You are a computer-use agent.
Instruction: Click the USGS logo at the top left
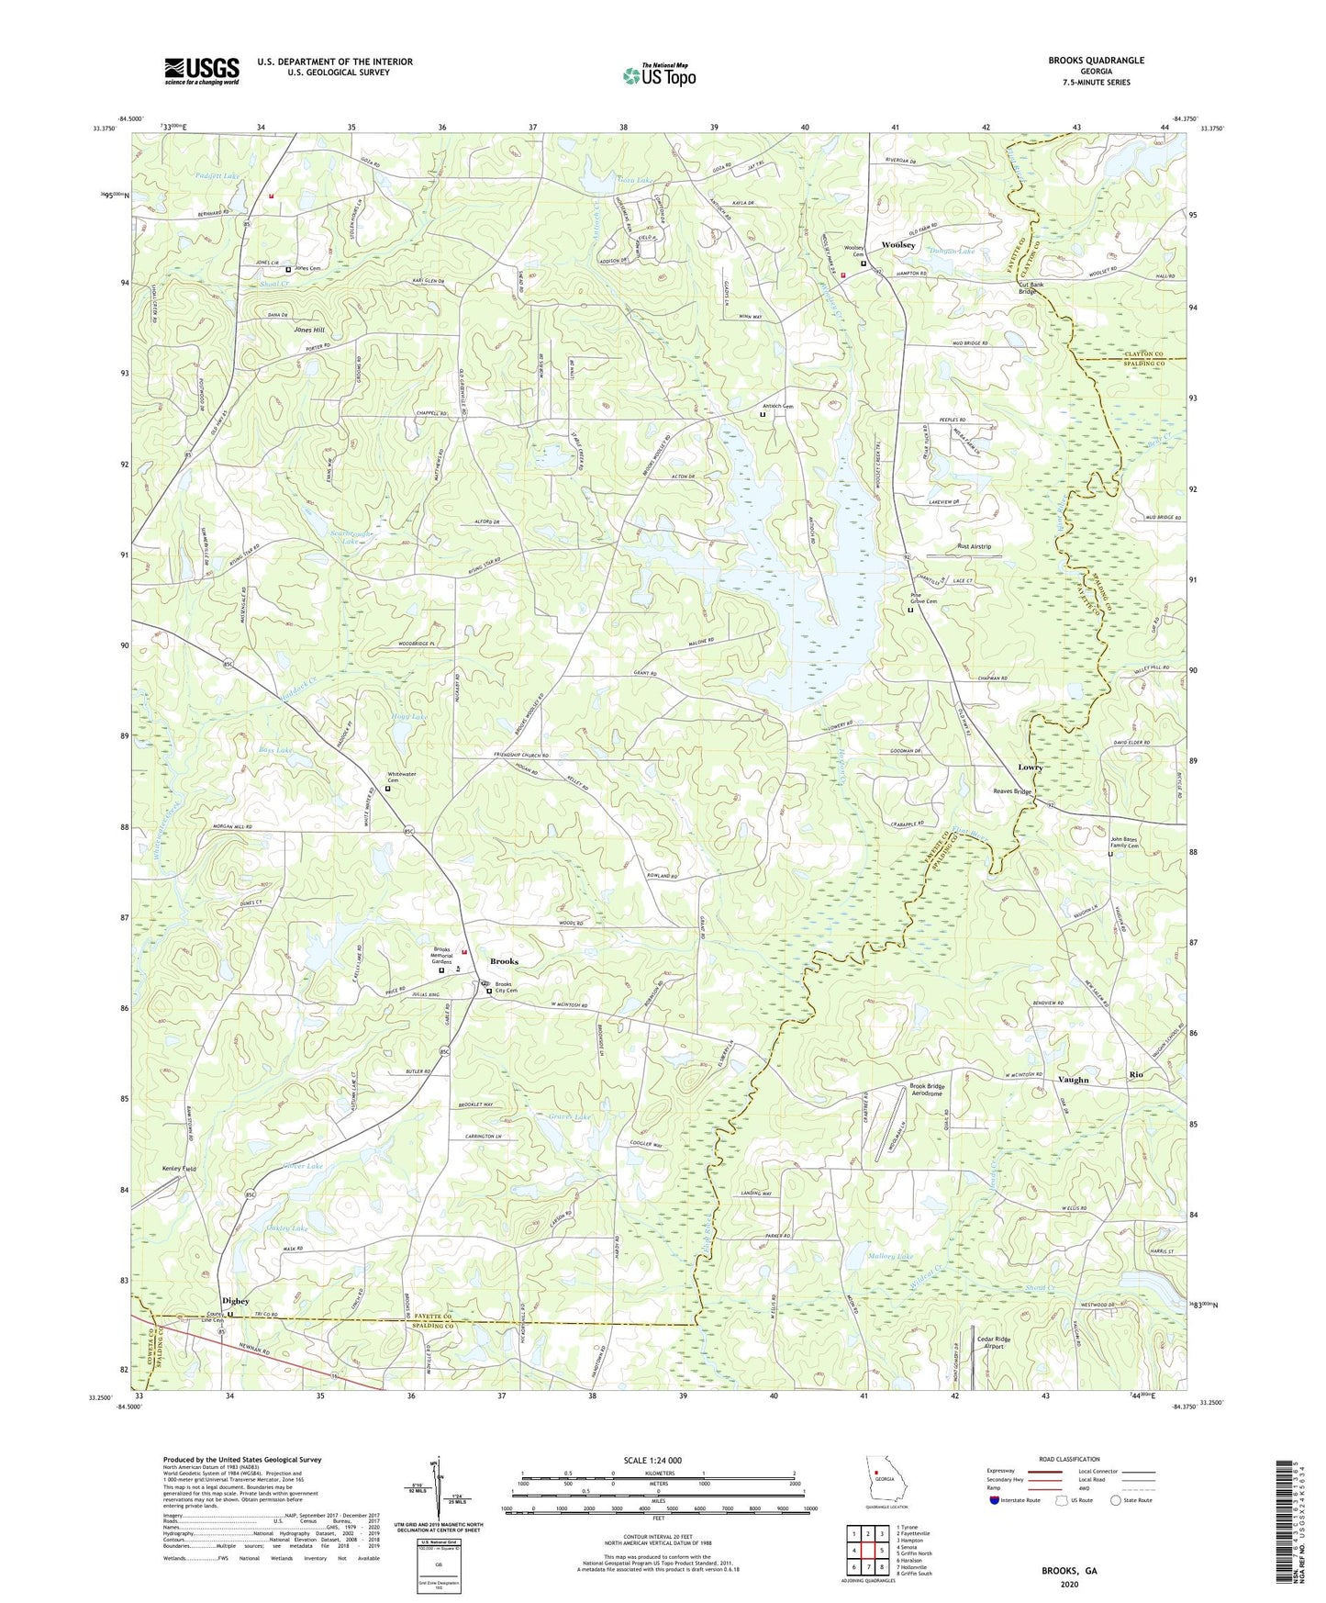[201, 71]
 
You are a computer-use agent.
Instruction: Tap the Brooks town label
[504, 961]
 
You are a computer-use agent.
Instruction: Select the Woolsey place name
[897, 245]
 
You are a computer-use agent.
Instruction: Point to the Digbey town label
[235, 1302]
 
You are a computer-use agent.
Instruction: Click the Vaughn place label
[1073, 1080]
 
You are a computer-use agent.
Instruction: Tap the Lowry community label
[1030, 767]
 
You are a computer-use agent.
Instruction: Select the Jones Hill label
[309, 329]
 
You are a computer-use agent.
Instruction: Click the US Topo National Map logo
[658, 75]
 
